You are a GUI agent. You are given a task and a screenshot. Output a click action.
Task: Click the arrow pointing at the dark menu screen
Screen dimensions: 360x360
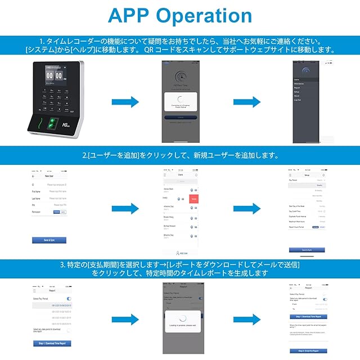(247, 101)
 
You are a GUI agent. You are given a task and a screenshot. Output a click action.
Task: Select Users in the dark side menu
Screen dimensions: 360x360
(296, 80)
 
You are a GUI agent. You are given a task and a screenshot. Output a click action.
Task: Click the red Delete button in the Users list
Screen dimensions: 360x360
(194, 199)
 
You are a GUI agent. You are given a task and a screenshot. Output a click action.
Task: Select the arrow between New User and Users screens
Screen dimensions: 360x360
(126, 208)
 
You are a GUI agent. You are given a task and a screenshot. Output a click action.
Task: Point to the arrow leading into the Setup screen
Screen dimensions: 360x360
(248, 208)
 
